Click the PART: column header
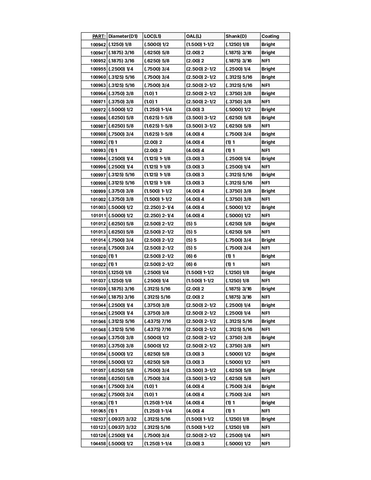click(99, 36)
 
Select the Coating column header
click(270, 36)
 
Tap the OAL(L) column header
click(194, 36)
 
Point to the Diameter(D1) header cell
click(123, 36)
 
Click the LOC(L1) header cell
click(153, 36)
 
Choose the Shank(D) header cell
click(236, 36)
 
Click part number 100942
click(98, 45)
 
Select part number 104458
click(98, 444)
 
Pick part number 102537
click(98, 419)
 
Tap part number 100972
click(98, 110)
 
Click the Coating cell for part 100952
click(266, 61)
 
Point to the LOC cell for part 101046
click(158, 321)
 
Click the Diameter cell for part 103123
click(122, 427)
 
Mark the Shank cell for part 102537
click(237, 419)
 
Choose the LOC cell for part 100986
click(158, 118)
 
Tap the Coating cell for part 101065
click(266, 411)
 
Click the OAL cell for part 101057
click(201, 371)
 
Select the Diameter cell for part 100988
click(121, 134)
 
